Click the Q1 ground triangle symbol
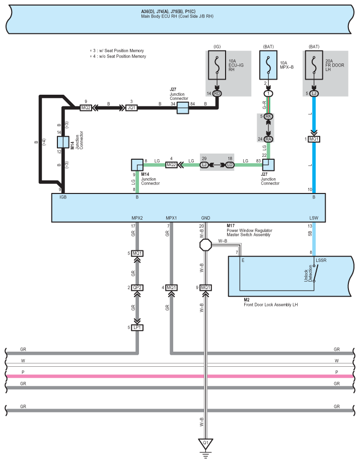click(x=205, y=443)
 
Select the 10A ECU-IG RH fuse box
click(x=217, y=65)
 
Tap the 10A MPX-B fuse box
click(x=268, y=65)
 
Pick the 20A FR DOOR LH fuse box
click(x=314, y=65)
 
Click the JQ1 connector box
click(x=131, y=108)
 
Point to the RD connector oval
click(x=217, y=94)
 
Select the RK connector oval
click(x=268, y=116)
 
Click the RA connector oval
click(x=268, y=139)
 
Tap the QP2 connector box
click(x=137, y=288)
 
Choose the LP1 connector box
click(x=137, y=327)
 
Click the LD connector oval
click(x=230, y=165)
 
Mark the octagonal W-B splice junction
click(x=205, y=245)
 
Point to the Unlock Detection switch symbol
click(x=315, y=273)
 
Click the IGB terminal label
click(x=63, y=197)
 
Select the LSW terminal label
click(x=314, y=218)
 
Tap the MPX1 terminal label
click(x=171, y=218)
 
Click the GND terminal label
click(x=205, y=218)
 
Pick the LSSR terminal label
click(x=321, y=260)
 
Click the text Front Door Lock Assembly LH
click(x=270, y=305)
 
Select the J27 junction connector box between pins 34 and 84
click(x=183, y=108)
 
